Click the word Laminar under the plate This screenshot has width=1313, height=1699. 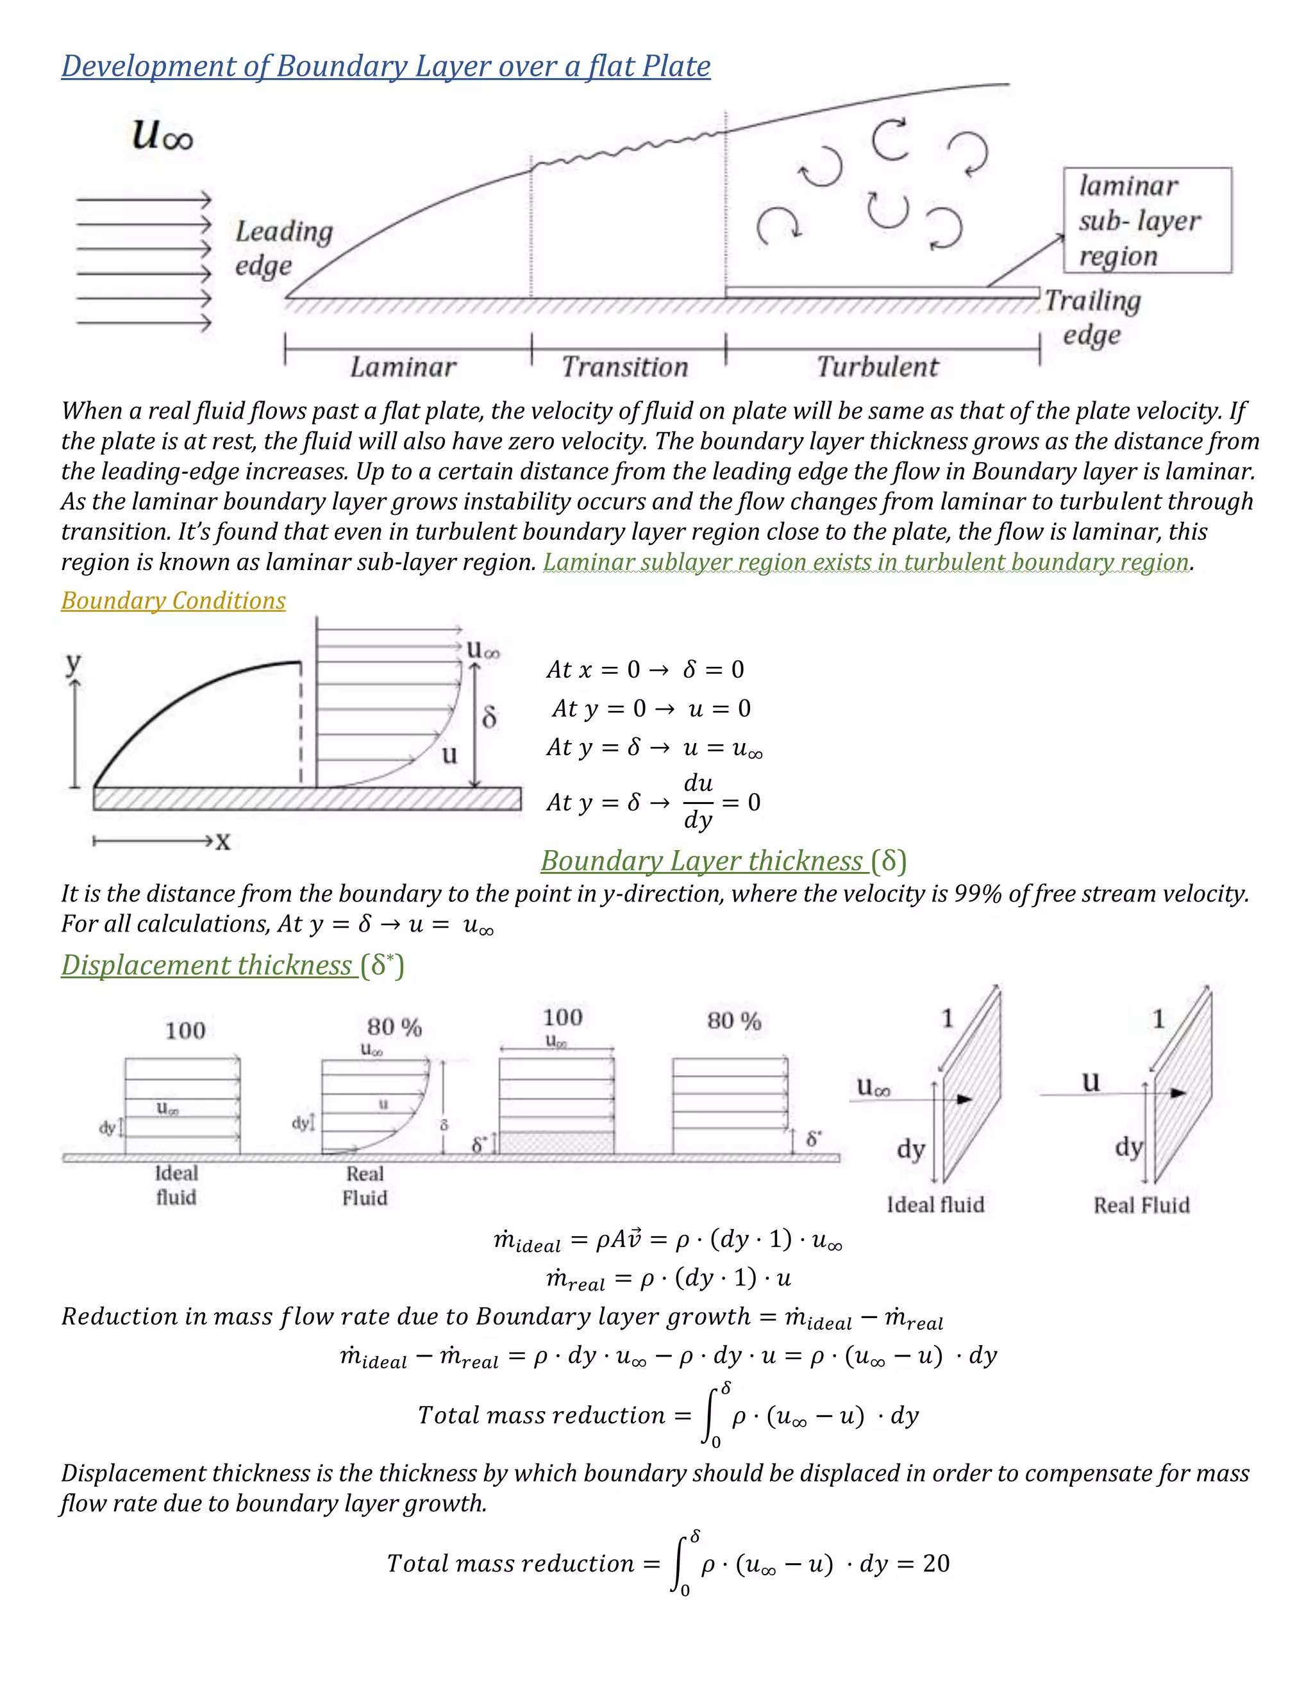point(403,366)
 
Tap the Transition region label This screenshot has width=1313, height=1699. point(625,366)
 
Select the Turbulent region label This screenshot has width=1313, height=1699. point(878,366)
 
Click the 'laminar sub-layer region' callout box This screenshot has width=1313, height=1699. point(1146,220)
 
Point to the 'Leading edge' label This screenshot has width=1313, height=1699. point(284,247)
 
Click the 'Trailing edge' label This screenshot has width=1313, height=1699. point(1092,317)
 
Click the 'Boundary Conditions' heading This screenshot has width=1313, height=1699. point(172,601)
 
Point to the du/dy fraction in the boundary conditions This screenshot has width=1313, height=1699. point(698,801)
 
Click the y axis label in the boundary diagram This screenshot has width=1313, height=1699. point(73,663)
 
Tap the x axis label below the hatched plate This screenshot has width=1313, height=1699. point(223,842)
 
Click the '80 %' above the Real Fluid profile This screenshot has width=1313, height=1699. point(394,1027)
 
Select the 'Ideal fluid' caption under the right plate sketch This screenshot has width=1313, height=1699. point(935,1204)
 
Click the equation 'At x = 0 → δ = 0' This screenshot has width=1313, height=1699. point(646,669)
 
